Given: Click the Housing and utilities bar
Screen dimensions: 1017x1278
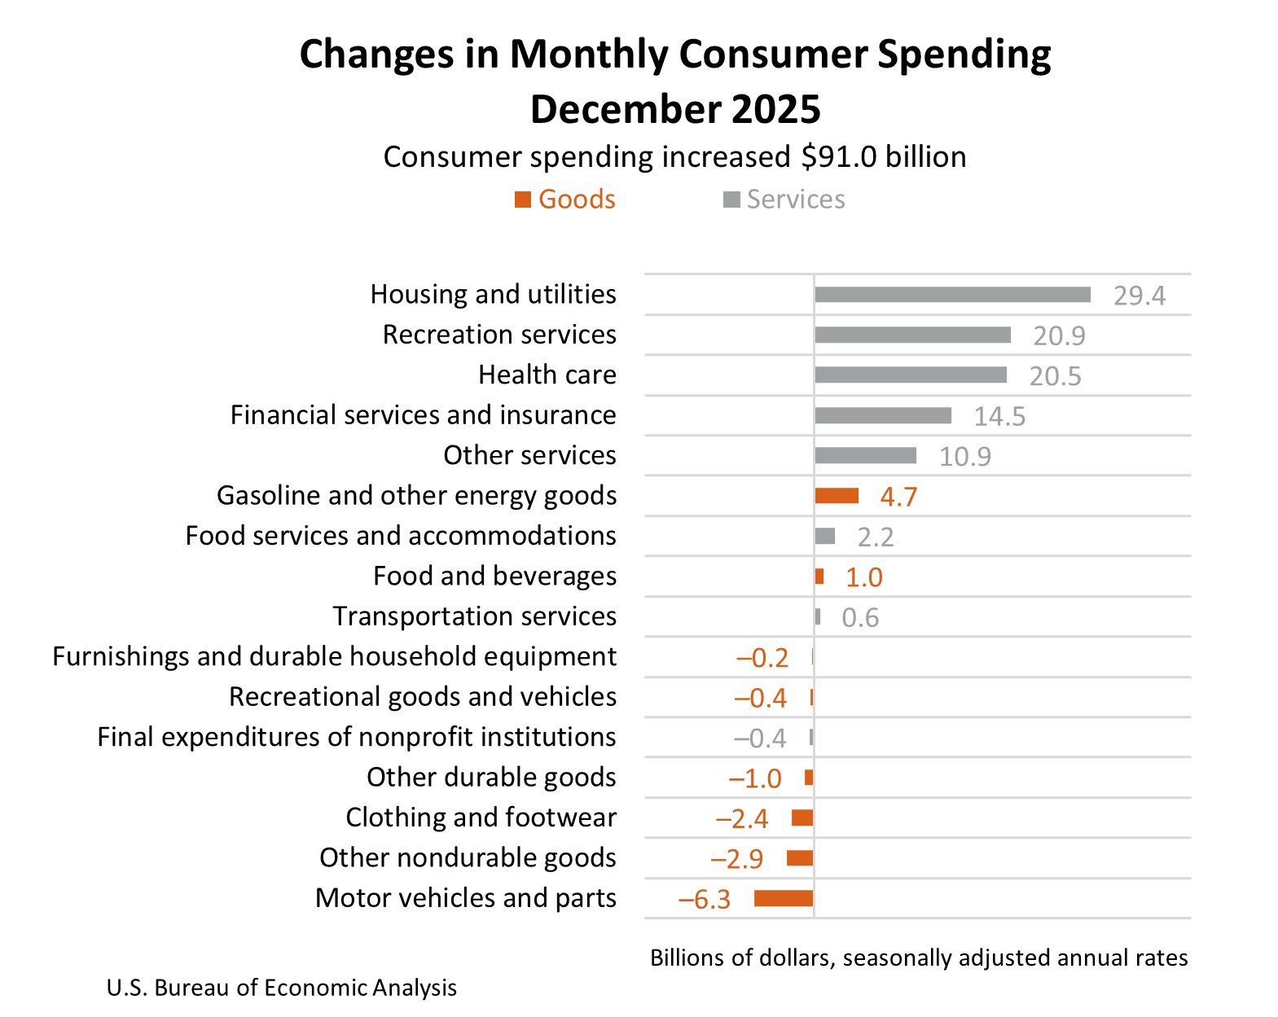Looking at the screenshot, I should [952, 295].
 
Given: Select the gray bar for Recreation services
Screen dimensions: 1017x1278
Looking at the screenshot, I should [912, 335].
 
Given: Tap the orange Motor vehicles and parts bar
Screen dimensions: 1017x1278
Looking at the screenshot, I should [783, 898].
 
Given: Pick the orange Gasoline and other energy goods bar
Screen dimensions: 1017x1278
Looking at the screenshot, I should [837, 496].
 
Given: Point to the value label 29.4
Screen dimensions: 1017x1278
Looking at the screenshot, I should [1139, 296].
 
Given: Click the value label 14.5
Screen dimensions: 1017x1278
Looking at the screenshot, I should [999, 416].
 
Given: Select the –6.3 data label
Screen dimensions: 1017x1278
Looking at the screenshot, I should [705, 899].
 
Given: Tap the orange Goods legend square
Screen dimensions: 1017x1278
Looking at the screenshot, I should [523, 199].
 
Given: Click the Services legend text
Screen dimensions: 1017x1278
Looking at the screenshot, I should [795, 199].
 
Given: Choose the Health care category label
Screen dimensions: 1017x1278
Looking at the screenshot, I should [547, 375].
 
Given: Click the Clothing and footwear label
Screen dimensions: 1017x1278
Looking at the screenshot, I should [481, 817].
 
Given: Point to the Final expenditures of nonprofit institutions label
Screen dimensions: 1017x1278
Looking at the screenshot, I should [356, 737].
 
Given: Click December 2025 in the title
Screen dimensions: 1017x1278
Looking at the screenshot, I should [674, 109].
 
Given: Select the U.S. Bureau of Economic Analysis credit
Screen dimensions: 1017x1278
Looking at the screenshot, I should [281, 988].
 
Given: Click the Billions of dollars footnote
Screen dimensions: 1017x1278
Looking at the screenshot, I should [918, 958].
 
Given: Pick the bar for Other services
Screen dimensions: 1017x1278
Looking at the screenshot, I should [865, 455].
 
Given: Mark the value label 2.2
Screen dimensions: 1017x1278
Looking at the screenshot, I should [875, 537].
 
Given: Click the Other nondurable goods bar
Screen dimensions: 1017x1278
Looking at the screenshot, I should [799, 857].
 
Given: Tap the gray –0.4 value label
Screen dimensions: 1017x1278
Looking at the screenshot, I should [759, 738].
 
